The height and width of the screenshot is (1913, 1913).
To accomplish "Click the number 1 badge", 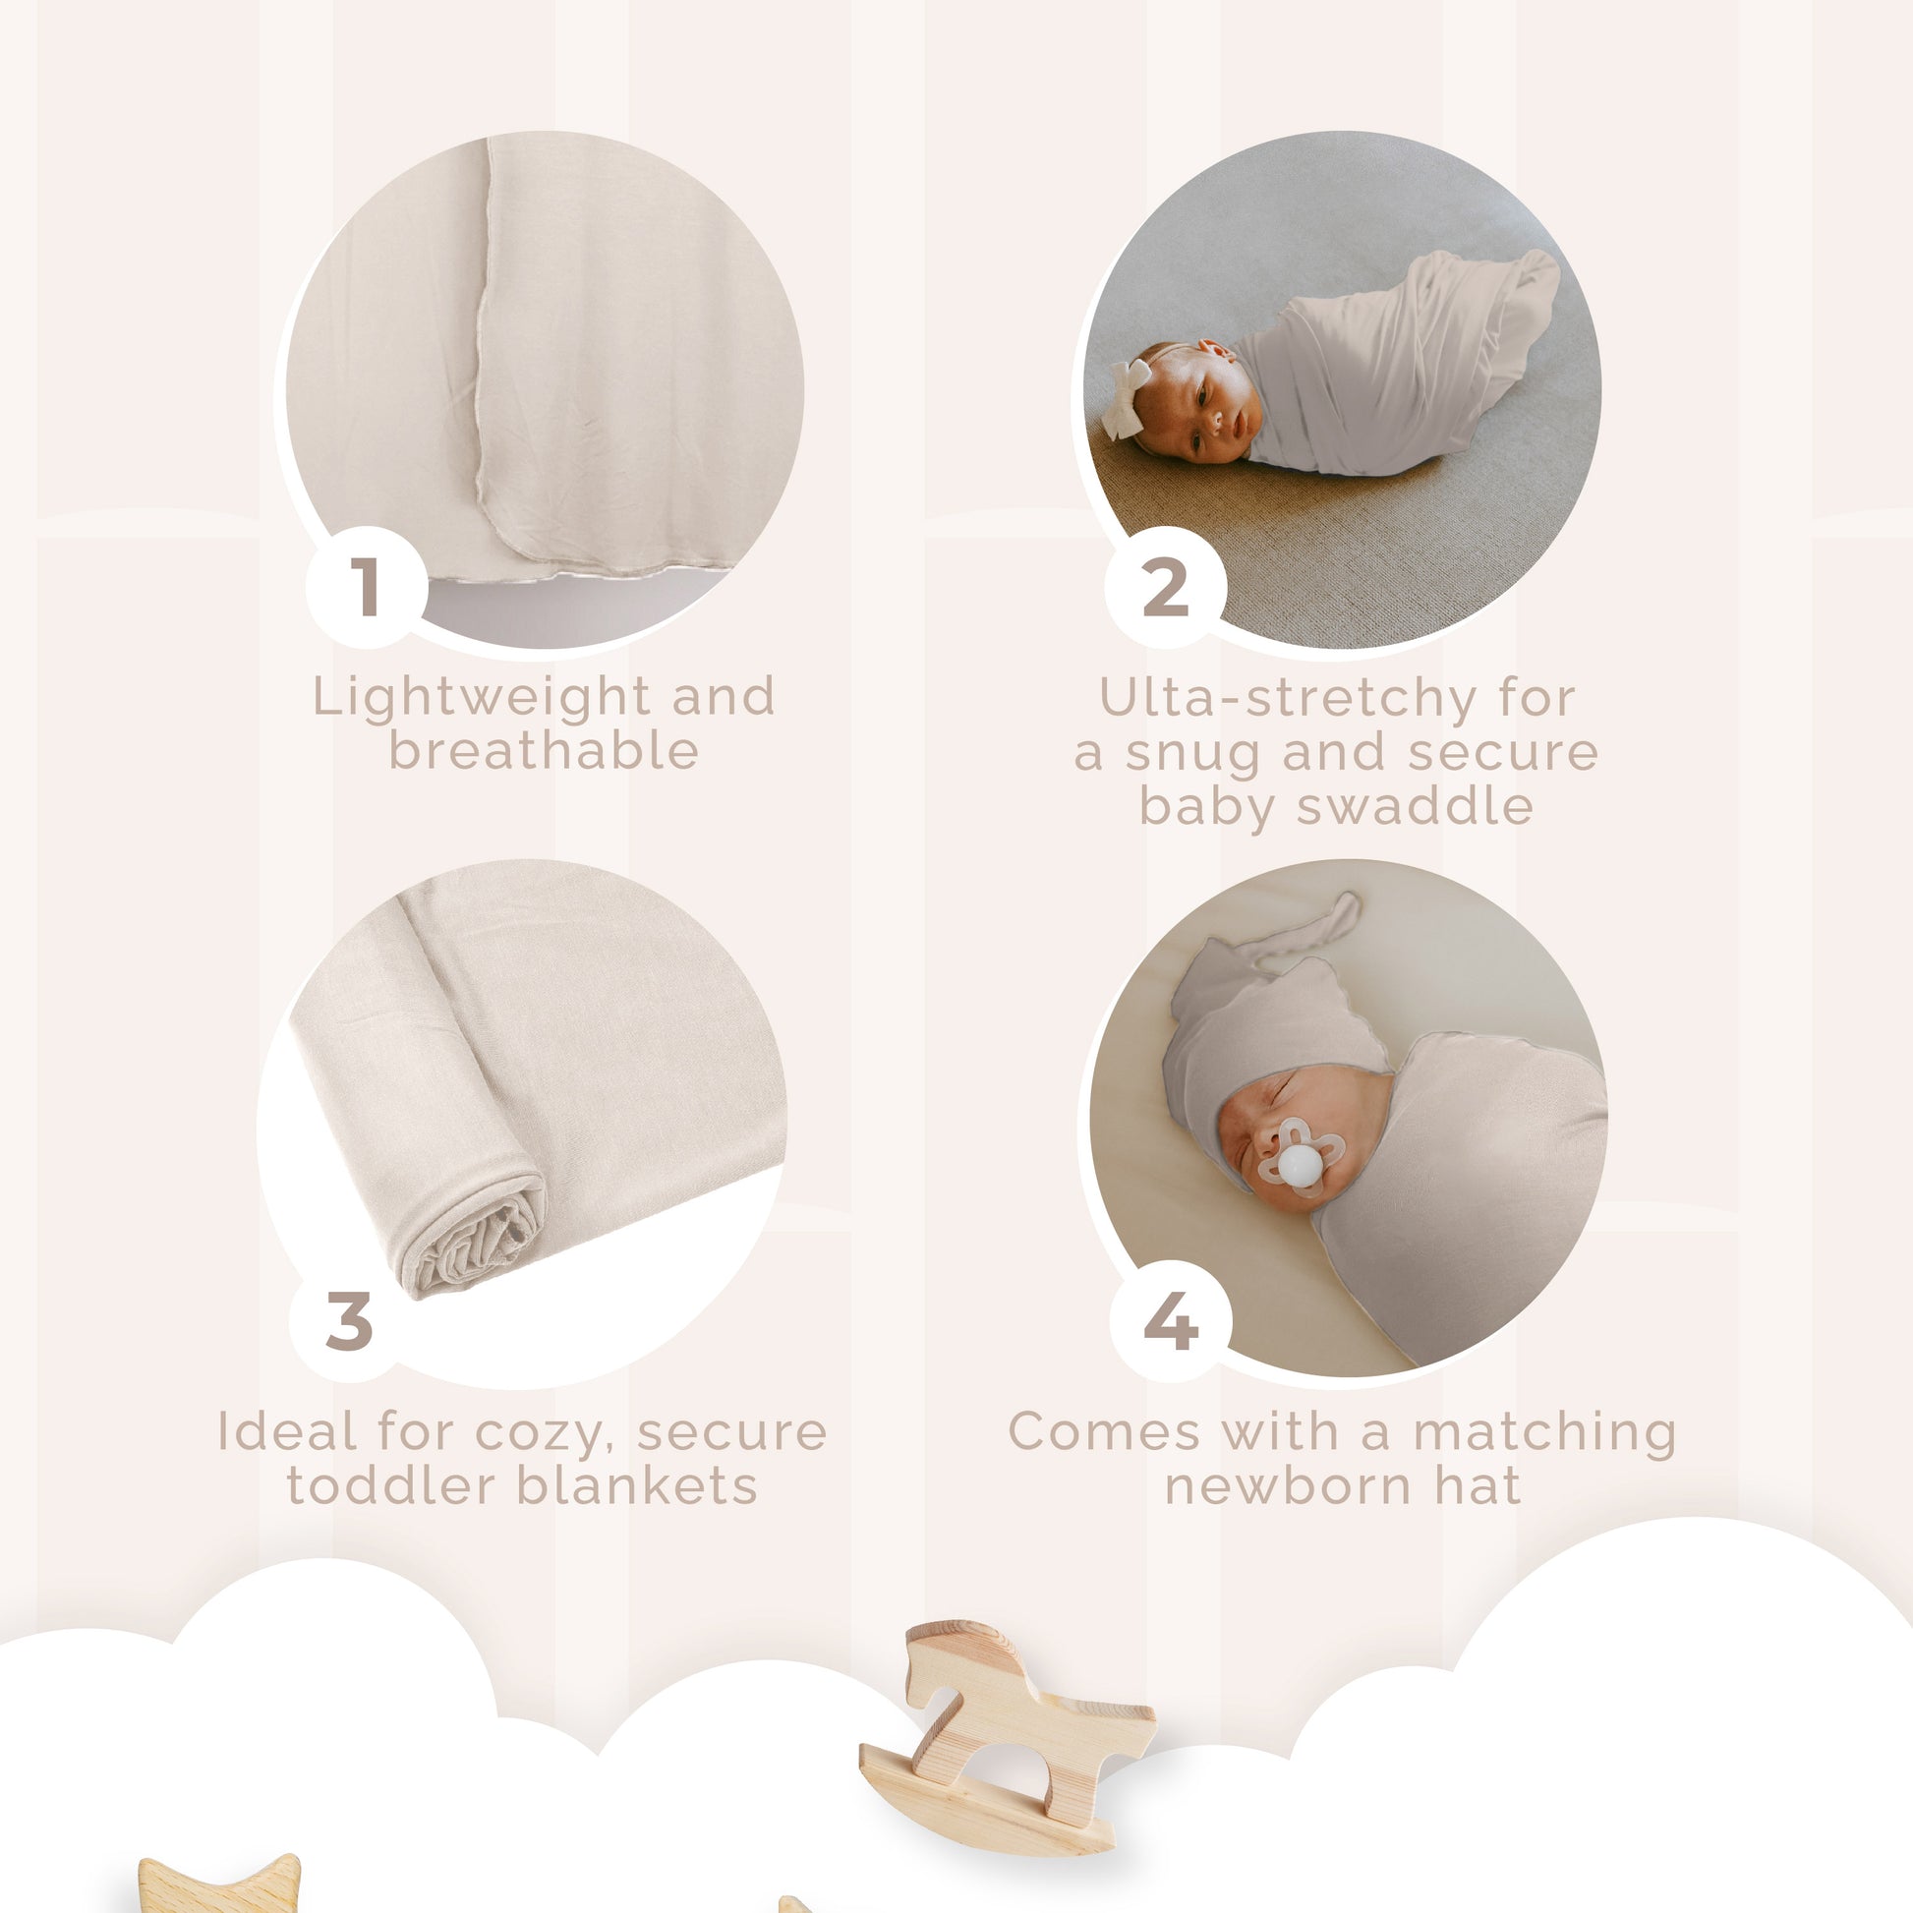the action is (x=367, y=587).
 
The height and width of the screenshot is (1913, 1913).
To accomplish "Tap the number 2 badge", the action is (x=1166, y=587).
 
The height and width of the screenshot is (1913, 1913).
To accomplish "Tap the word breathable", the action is (x=544, y=750).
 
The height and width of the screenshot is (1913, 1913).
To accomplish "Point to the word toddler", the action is (x=388, y=1485).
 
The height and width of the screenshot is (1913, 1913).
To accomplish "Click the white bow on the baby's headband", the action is (x=1128, y=385).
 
